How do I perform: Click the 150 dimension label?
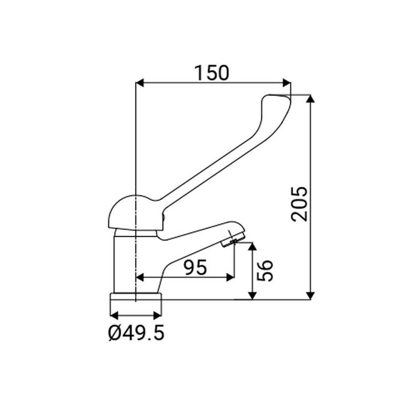click(212, 73)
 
